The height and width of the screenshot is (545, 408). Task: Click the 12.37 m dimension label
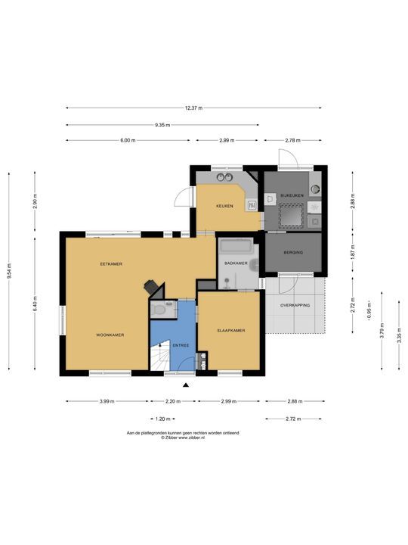193,107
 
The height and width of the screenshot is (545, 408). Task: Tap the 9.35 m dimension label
162,125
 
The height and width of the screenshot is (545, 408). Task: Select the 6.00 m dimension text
128,141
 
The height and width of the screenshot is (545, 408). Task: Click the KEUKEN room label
224,206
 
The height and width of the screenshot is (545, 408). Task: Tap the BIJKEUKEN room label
292,195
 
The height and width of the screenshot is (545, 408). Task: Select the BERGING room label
293,252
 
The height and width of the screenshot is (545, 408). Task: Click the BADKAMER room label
236,263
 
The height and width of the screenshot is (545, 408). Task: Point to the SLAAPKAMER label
231,331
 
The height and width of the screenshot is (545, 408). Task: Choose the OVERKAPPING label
295,305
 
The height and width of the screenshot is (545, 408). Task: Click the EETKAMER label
111,264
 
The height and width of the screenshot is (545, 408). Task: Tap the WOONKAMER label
110,335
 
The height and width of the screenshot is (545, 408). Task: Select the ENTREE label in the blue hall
181,345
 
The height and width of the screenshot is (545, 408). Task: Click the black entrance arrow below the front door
186,385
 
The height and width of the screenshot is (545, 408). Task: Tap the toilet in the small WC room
160,309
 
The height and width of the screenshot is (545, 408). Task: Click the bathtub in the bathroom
236,247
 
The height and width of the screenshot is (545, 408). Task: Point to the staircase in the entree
160,356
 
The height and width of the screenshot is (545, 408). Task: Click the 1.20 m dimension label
162,419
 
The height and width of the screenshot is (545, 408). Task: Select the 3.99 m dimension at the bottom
107,401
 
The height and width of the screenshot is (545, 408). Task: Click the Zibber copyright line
183,438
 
